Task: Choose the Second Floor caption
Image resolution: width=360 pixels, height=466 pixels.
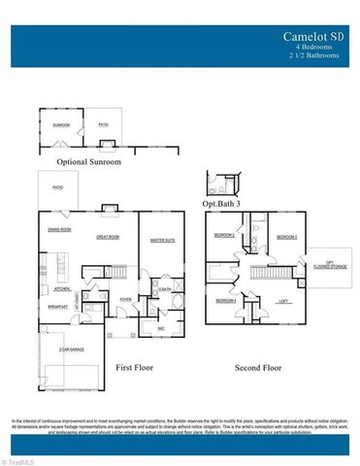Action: tap(258, 368)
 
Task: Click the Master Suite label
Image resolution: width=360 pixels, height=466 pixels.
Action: tap(162, 239)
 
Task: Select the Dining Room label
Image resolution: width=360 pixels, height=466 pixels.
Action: tap(60, 229)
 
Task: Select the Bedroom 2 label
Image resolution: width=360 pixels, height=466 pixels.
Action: tap(224, 236)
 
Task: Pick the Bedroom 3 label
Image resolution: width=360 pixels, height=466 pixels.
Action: tap(285, 237)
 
